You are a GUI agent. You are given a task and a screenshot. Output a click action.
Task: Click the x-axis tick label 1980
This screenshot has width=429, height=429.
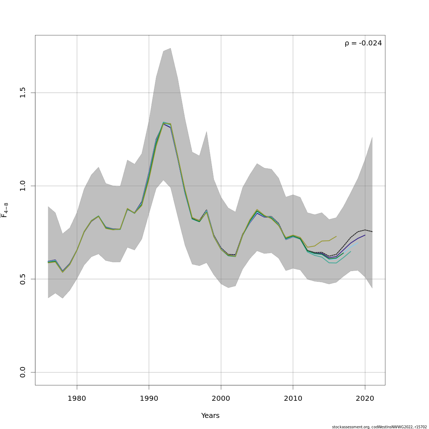coord(77,399)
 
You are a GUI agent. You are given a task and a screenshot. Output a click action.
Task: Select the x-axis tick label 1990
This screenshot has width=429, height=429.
coord(149,399)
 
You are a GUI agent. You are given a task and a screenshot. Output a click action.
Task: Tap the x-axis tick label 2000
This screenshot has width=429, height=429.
coord(221,399)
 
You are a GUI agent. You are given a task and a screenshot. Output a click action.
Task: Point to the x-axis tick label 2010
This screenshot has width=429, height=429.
coord(293,399)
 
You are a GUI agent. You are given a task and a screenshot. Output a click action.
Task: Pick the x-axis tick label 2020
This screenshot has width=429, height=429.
coord(365,399)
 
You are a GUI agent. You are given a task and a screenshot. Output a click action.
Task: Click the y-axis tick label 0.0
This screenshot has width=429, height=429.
coord(23,372)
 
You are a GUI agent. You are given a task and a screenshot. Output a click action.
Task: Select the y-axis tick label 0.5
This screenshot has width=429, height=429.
coord(23,279)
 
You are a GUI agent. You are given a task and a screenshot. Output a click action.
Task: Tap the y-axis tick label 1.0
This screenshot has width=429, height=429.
coord(23,186)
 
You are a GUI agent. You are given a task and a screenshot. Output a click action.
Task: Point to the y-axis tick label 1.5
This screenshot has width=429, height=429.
coord(23,93)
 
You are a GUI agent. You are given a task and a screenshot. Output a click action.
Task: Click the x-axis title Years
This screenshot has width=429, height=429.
coord(210,416)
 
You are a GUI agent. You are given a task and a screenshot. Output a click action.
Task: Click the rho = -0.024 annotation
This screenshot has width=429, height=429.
coord(363,43)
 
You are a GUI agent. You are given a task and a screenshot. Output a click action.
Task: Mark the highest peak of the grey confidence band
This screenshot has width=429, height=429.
coord(171,48)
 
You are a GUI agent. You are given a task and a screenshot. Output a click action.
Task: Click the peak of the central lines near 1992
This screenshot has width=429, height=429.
coord(163,123)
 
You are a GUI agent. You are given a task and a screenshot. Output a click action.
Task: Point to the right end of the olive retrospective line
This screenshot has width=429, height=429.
coord(336,236)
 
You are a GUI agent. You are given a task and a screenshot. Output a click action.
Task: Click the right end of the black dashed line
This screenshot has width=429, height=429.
coord(372,232)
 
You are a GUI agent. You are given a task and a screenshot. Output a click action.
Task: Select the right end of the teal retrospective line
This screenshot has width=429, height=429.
coord(351,251)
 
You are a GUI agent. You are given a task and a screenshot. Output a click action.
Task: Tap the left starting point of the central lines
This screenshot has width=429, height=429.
coord(48,262)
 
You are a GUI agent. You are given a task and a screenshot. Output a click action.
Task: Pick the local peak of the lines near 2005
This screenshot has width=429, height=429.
coord(257,210)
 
